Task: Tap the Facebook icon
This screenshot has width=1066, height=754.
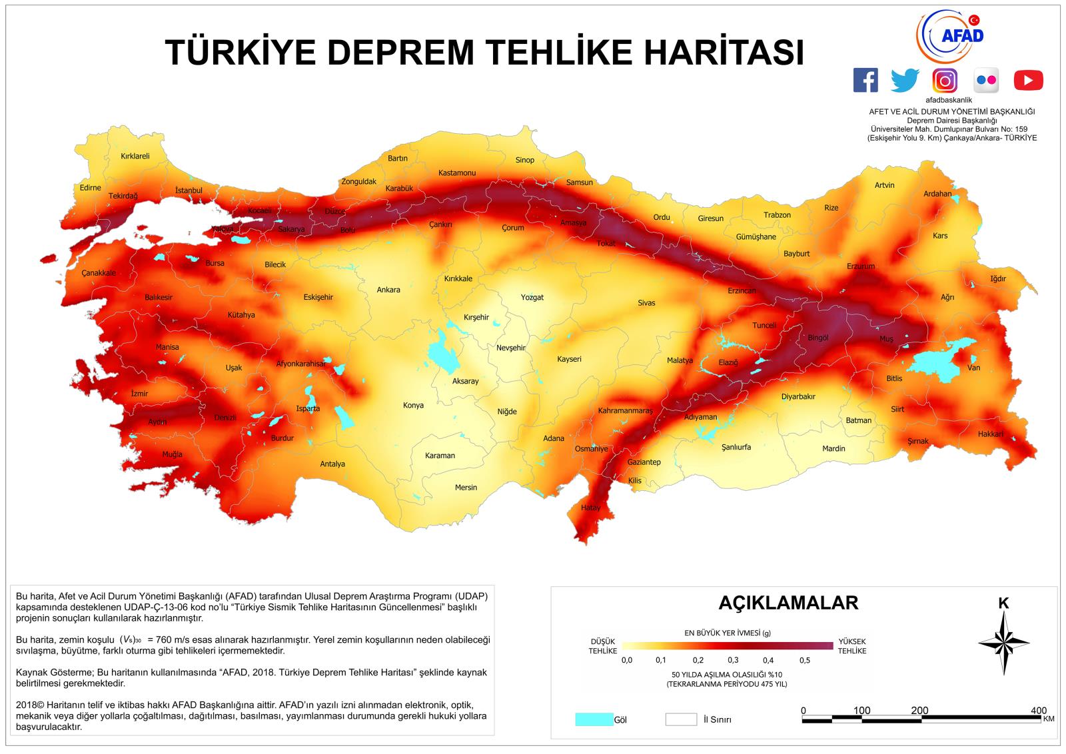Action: [x=865, y=81]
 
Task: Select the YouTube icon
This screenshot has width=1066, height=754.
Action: [x=1028, y=81]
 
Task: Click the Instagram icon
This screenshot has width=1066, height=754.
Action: [x=945, y=81]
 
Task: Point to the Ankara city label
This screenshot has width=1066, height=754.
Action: [x=388, y=290]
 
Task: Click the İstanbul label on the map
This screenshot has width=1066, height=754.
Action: [x=189, y=190]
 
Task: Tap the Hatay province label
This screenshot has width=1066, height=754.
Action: [x=590, y=508]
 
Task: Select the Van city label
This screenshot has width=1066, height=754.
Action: [x=974, y=368]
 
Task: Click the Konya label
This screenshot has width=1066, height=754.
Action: [x=413, y=405]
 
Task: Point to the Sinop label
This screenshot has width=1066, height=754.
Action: [x=525, y=160]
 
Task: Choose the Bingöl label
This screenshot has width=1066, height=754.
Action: [x=817, y=338]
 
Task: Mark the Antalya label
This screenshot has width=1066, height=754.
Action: [x=332, y=464]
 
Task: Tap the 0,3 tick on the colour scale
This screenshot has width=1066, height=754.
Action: [x=733, y=660]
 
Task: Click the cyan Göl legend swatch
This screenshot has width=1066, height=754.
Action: [x=594, y=719]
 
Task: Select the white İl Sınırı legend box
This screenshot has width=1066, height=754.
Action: [x=680, y=719]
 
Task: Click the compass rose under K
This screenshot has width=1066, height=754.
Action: [x=1003, y=642]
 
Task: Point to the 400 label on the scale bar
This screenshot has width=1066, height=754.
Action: [x=1038, y=710]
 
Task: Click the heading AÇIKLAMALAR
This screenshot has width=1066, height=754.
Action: [x=788, y=603]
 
